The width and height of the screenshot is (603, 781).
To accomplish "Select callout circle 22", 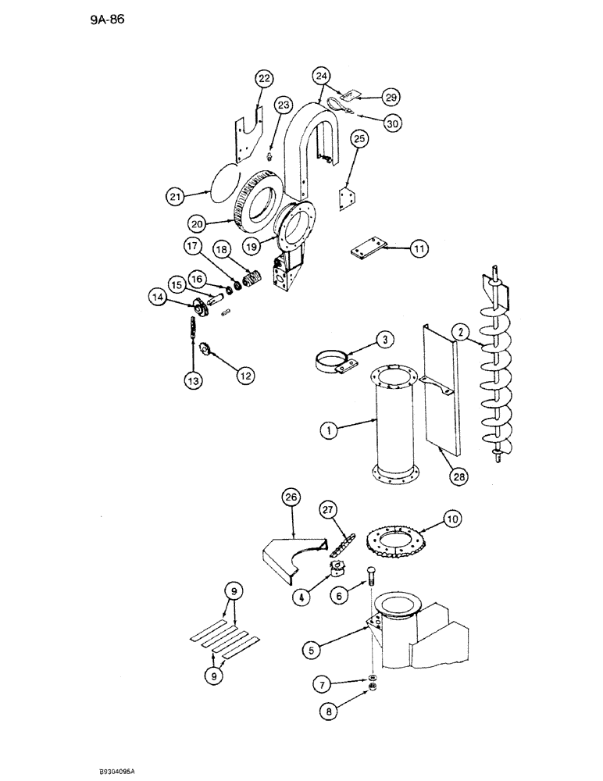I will [265, 79].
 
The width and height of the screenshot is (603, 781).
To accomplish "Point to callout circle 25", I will [359, 139].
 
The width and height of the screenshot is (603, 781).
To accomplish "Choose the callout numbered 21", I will [176, 196].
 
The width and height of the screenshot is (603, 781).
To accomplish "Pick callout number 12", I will [244, 376].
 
